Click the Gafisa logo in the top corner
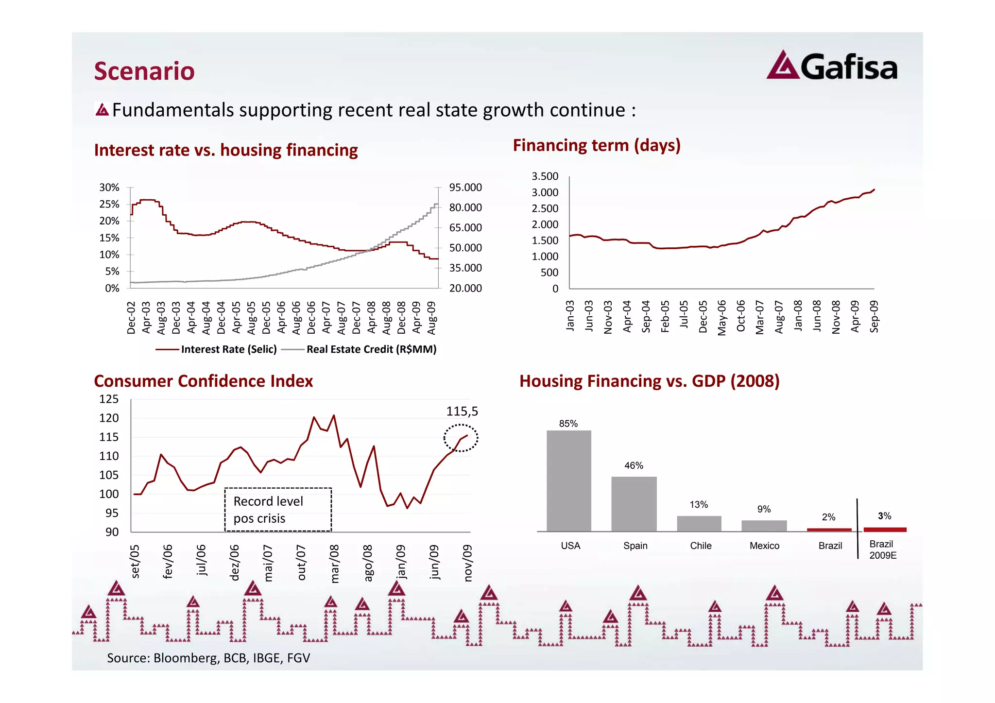[x=832, y=66]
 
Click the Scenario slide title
[x=144, y=71]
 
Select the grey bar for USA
[x=568, y=480]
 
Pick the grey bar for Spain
[x=634, y=504]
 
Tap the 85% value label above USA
[x=568, y=424]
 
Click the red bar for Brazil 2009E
[x=885, y=530]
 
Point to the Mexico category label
[x=764, y=546]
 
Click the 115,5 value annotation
[x=462, y=412]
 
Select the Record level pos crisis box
[x=278, y=510]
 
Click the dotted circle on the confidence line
[x=461, y=438]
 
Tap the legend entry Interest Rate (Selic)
[x=216, y=349]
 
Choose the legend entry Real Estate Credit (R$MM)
[x=360, y=349]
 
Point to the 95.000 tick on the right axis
[x=465, y=188]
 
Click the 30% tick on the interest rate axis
[x=109, y=188]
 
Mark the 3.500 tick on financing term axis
[x=545, y=176]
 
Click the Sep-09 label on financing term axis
[x=874, y=317]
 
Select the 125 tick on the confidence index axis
[x=109, y=399]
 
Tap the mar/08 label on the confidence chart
[x=334, y=564]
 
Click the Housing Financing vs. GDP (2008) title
[x=649, y=381]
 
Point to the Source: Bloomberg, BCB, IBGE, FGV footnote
[x=208, y=658]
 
